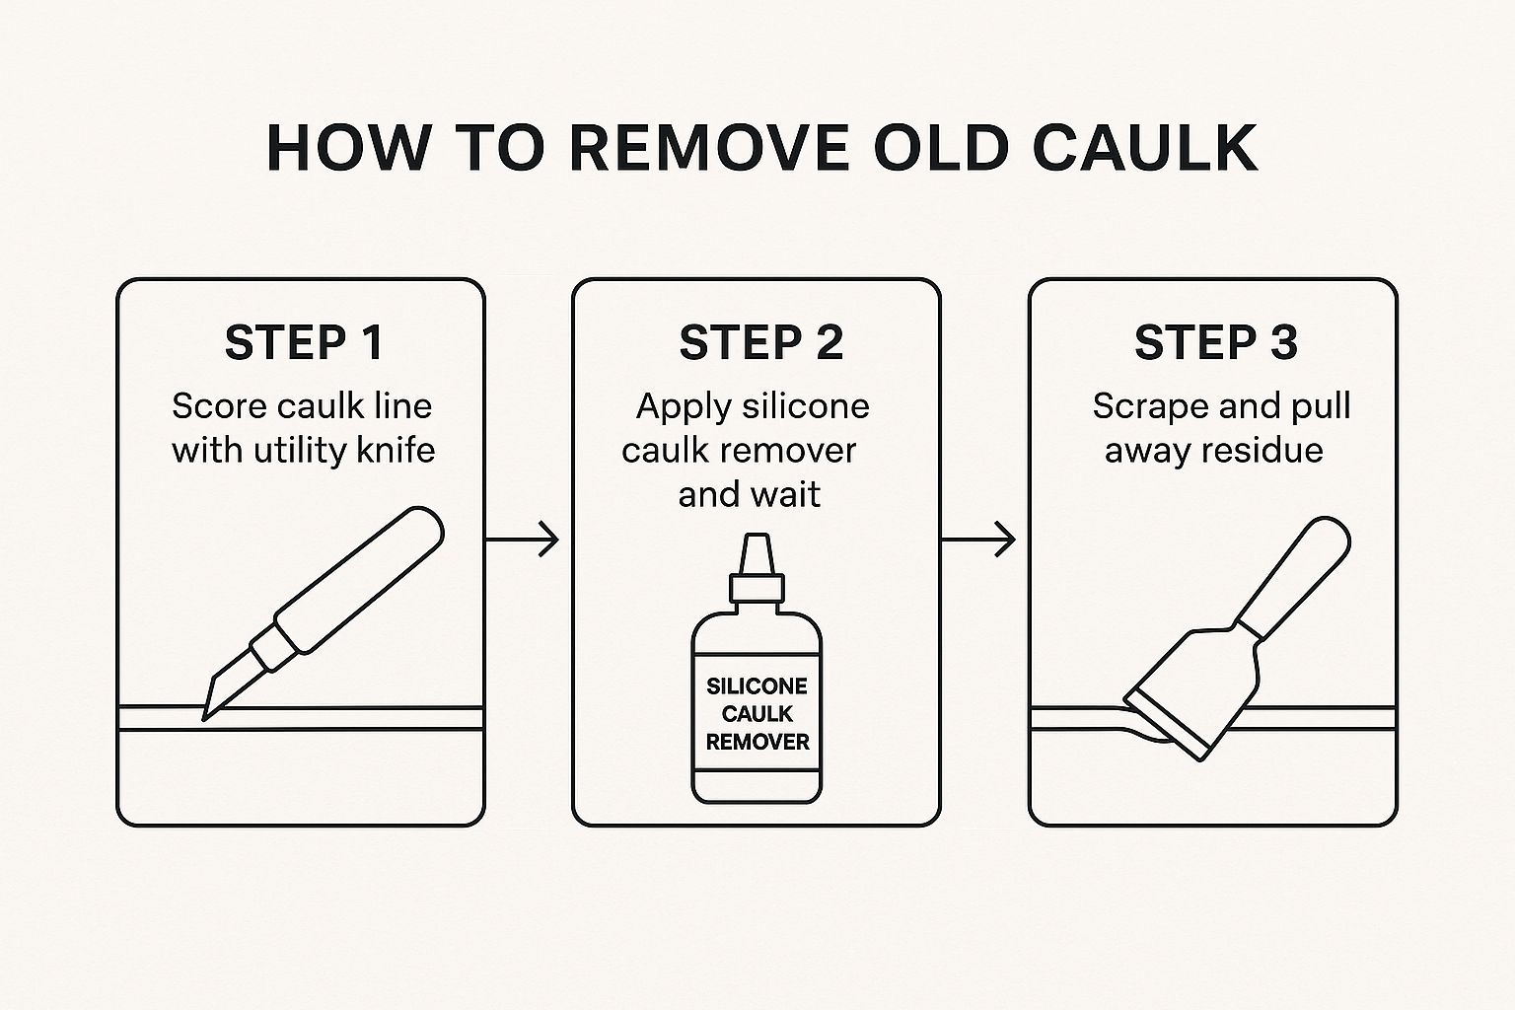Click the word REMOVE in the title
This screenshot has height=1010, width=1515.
pyautogui.click(x=709, y=148)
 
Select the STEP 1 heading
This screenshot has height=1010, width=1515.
pyautogui.click(x=304, y=342)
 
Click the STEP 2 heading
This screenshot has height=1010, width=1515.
pyautogui.click(x=760, y=342)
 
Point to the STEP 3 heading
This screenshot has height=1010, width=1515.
pyautogui.click(x=1216, y=342)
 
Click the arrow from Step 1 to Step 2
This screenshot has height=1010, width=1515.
pyautogui.click(x=522, y=540)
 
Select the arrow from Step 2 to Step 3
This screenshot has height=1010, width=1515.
pyautogui.click(x=978, y=540)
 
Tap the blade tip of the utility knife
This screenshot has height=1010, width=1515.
pyautogui.click(x=204, y=719)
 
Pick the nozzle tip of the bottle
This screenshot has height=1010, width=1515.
pyautogui.click(x=757, y=537)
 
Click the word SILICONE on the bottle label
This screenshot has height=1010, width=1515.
pyautogui.click(x=757, y=686)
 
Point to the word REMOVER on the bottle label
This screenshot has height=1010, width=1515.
pyautogui.click(x=757, y=742)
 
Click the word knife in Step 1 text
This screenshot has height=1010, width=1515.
pyautogui.click(x=396, y=450)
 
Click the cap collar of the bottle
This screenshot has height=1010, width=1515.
pyautogui.click(x=757, y=587)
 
